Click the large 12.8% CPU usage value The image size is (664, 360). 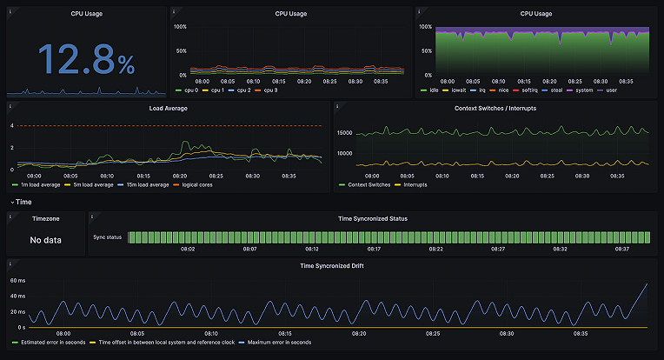tap(85, 59)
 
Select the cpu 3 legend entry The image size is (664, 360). tap(269, 90)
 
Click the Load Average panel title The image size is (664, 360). tap(169, 109)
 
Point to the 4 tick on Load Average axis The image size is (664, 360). tap(12, 126)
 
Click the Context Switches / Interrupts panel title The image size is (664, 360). tap(495, 109)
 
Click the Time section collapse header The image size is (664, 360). tap(21, 202)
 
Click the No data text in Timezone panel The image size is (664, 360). tap(45, 240)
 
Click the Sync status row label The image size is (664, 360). tap(108, 237)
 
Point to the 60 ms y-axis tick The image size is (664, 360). tap(18, 281)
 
